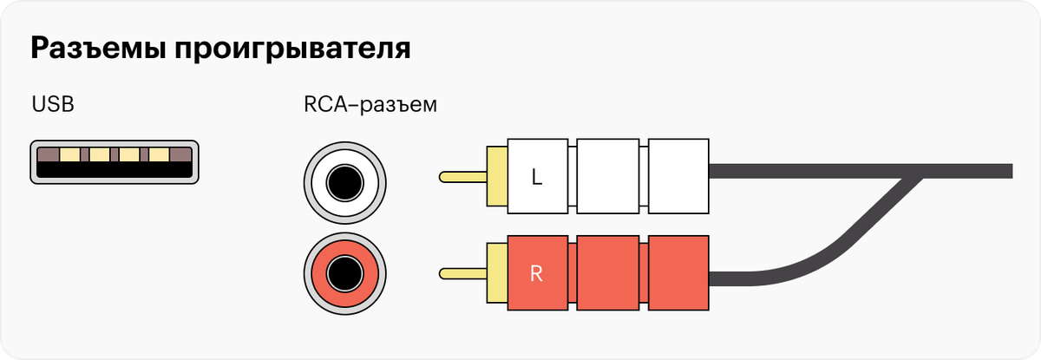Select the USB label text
click(x=53, y=105)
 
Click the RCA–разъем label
click(x=370, y=106)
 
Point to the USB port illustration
click(x=115, y=161)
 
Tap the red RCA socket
click(x=345, y=276)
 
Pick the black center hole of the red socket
click(x=345, y=276)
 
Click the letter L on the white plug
click(x=536, y=178)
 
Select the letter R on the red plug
click(x=536, y=275)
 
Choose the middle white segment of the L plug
click(x=610, y=177)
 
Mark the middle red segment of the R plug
click(x=610, y=274)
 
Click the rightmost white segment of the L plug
click(x=679, y=177)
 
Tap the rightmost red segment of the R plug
click(x=679, y=274)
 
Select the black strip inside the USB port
click(x=115, y=171)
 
